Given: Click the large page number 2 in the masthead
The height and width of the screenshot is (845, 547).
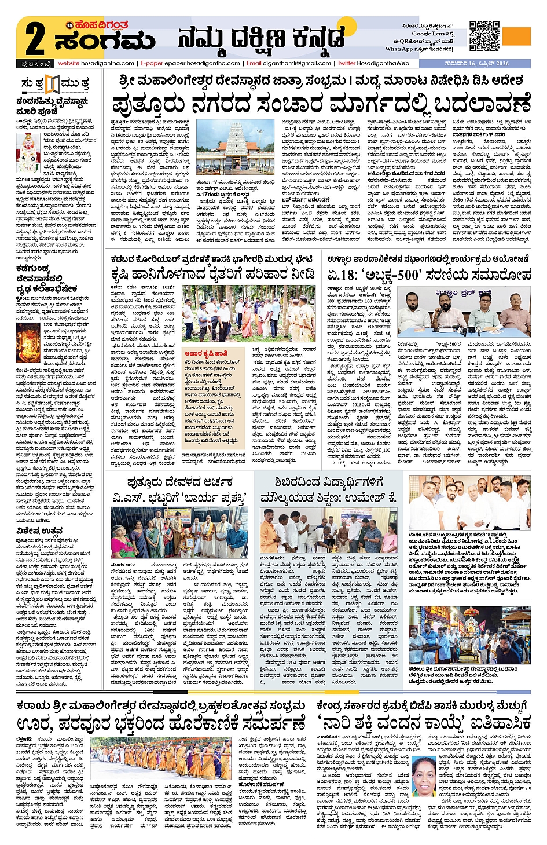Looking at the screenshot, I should point(35,38).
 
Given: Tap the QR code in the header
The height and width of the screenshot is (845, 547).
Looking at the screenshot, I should point(484,36).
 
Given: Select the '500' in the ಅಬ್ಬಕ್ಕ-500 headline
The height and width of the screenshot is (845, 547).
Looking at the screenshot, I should point(408,275).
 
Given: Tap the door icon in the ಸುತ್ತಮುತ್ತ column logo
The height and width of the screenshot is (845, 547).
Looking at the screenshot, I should point(53,84).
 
